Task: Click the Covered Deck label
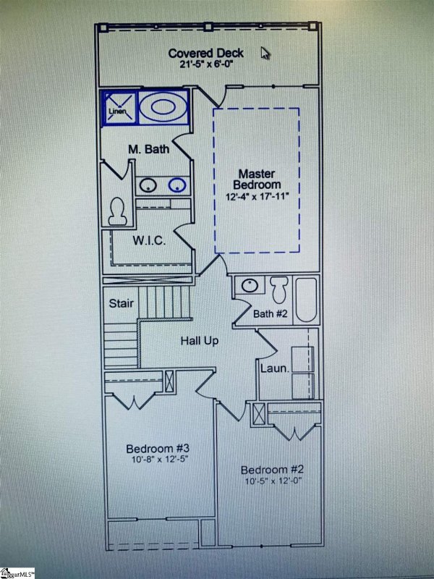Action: coord(205,53)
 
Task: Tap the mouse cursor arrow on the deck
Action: coord(265,54)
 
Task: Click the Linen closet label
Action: coord(116,112)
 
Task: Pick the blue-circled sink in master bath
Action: coord(176,185)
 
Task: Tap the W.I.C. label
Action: coord(149,240)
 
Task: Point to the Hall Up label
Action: coord(200,339)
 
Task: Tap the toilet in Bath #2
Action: coord(279,290)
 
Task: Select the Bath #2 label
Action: coord(271,314)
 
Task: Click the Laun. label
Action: coord(274,368)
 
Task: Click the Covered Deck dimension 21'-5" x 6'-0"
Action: coord(205,64)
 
